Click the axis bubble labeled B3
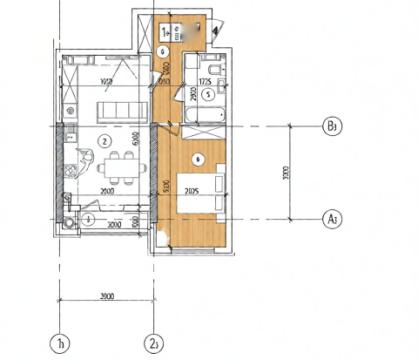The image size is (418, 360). tap(332, 127)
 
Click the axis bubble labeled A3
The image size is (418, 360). tap(332, 216)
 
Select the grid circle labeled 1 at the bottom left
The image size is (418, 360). tap(62, 344)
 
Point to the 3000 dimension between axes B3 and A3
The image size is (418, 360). tap(286, 171)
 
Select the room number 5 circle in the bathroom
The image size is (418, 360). tap(206, 94)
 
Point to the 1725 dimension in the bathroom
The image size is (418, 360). tap(204, 81)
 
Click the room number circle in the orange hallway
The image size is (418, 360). tap(163, 48)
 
